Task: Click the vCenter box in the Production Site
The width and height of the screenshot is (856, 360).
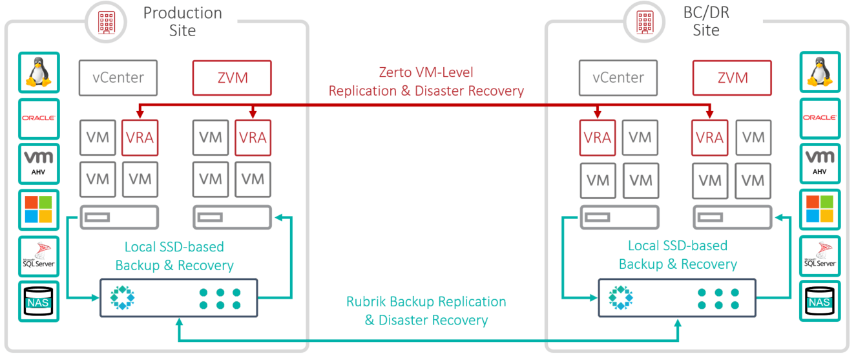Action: tap(118, 78)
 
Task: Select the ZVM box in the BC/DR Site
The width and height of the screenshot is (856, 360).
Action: tap(733, 78)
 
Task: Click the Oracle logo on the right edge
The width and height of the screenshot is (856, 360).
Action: tap(820, 118)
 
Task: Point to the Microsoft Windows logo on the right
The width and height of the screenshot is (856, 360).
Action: tap(820, 209)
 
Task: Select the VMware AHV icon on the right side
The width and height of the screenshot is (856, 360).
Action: tap(820, 164)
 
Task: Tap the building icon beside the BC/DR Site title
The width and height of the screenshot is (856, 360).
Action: tap(646, 21)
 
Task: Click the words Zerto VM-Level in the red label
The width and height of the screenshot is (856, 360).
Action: tap(426, 73)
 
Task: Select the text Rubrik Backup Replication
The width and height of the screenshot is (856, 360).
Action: tap(426, 302)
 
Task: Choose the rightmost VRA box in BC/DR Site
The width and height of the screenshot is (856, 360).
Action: tap(710, 137)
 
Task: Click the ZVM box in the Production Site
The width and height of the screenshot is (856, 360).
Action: tap(232, 78)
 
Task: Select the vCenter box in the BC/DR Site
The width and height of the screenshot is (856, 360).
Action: tap(618, 78)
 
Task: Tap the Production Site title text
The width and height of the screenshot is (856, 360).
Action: tap(182, 21)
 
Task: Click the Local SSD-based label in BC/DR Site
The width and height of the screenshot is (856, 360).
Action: tap(678, 246)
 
